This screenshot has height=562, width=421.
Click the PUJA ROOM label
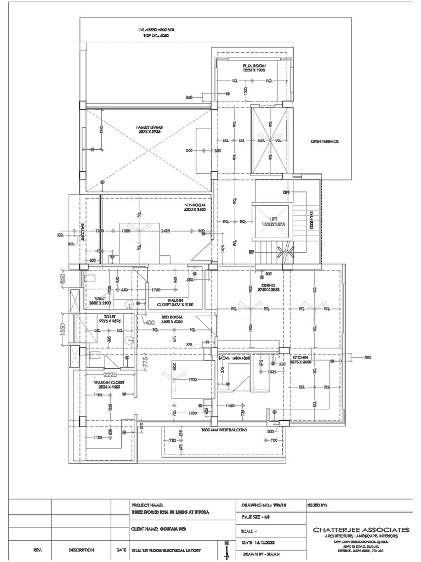(254, 68)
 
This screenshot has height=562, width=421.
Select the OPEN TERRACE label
(325, 142)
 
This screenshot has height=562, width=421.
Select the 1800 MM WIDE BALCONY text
(225, 430)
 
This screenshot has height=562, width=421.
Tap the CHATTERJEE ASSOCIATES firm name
(360, 530)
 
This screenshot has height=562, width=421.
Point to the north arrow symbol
(226, 550)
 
